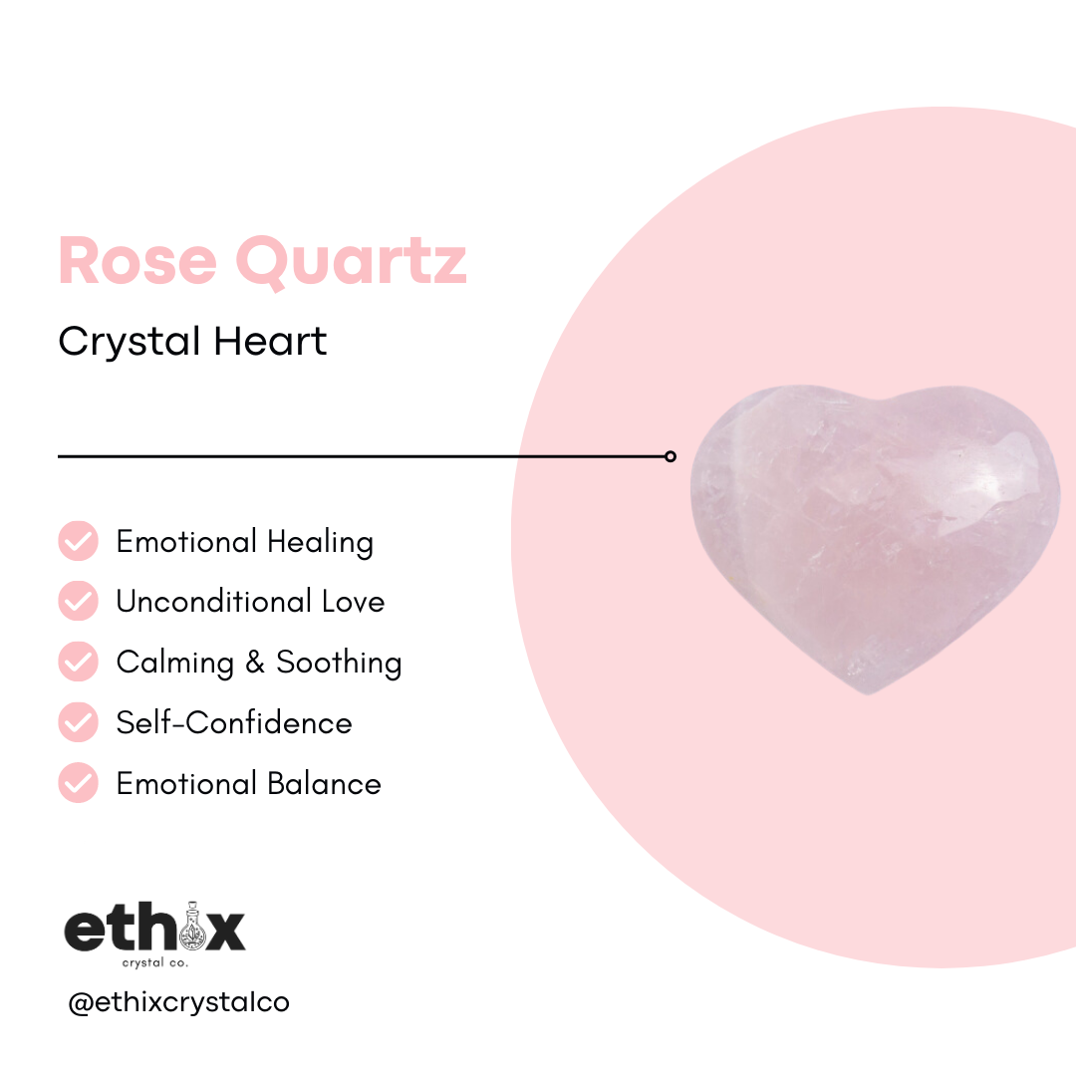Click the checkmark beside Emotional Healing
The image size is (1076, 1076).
click(79, 541)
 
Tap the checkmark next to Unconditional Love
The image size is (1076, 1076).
click(79, 602)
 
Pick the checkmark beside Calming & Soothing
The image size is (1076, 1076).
click(79, 662)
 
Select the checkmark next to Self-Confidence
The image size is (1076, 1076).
click(79, 722)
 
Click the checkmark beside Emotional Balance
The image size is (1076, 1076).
click(79, 783)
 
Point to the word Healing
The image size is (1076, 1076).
click(320, 543)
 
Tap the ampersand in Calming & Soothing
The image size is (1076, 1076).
click(256, 663)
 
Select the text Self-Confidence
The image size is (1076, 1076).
click(234, 722)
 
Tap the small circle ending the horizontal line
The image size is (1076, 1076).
click(671, 456)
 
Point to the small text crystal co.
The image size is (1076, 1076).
click(154, 963)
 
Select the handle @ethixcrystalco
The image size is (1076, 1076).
click(178, 1002)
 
